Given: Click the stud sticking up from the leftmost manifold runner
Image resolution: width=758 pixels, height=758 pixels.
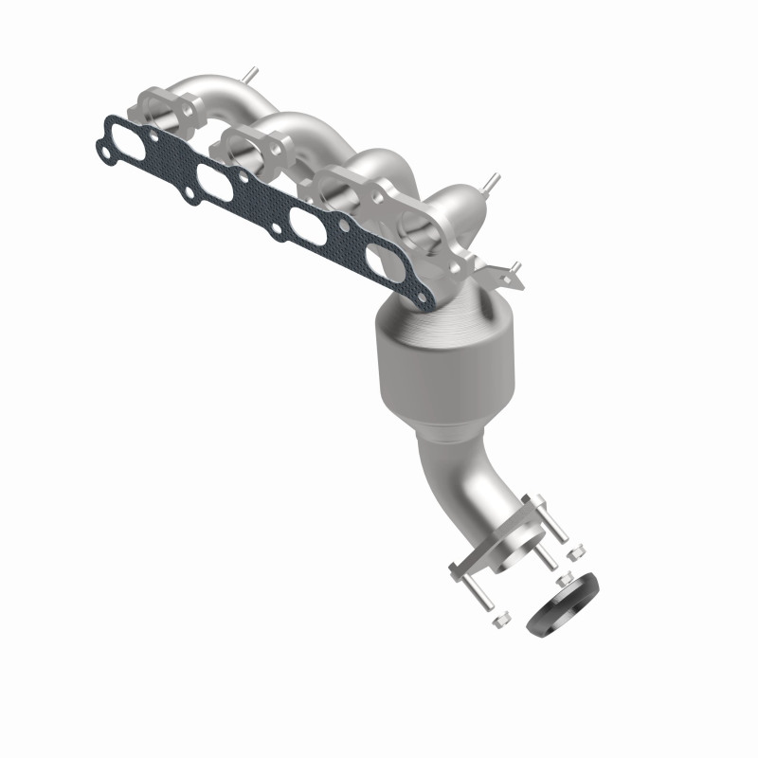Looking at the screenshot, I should point(250,73).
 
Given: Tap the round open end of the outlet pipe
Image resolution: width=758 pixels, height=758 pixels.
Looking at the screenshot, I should point(518,547).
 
